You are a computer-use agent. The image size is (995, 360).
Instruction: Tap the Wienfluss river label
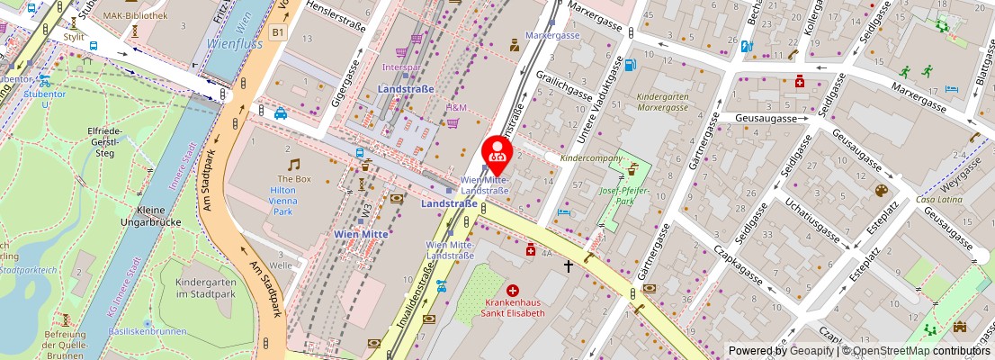(237, 42)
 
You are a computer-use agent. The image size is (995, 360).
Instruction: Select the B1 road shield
(278, 32)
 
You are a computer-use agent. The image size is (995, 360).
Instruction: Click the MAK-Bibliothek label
(135, 15)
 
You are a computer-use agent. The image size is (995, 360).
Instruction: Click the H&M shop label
(457, 108)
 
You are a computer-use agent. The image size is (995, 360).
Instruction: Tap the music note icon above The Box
(293, 164)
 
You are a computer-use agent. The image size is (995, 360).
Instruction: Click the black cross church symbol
(568, 266)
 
